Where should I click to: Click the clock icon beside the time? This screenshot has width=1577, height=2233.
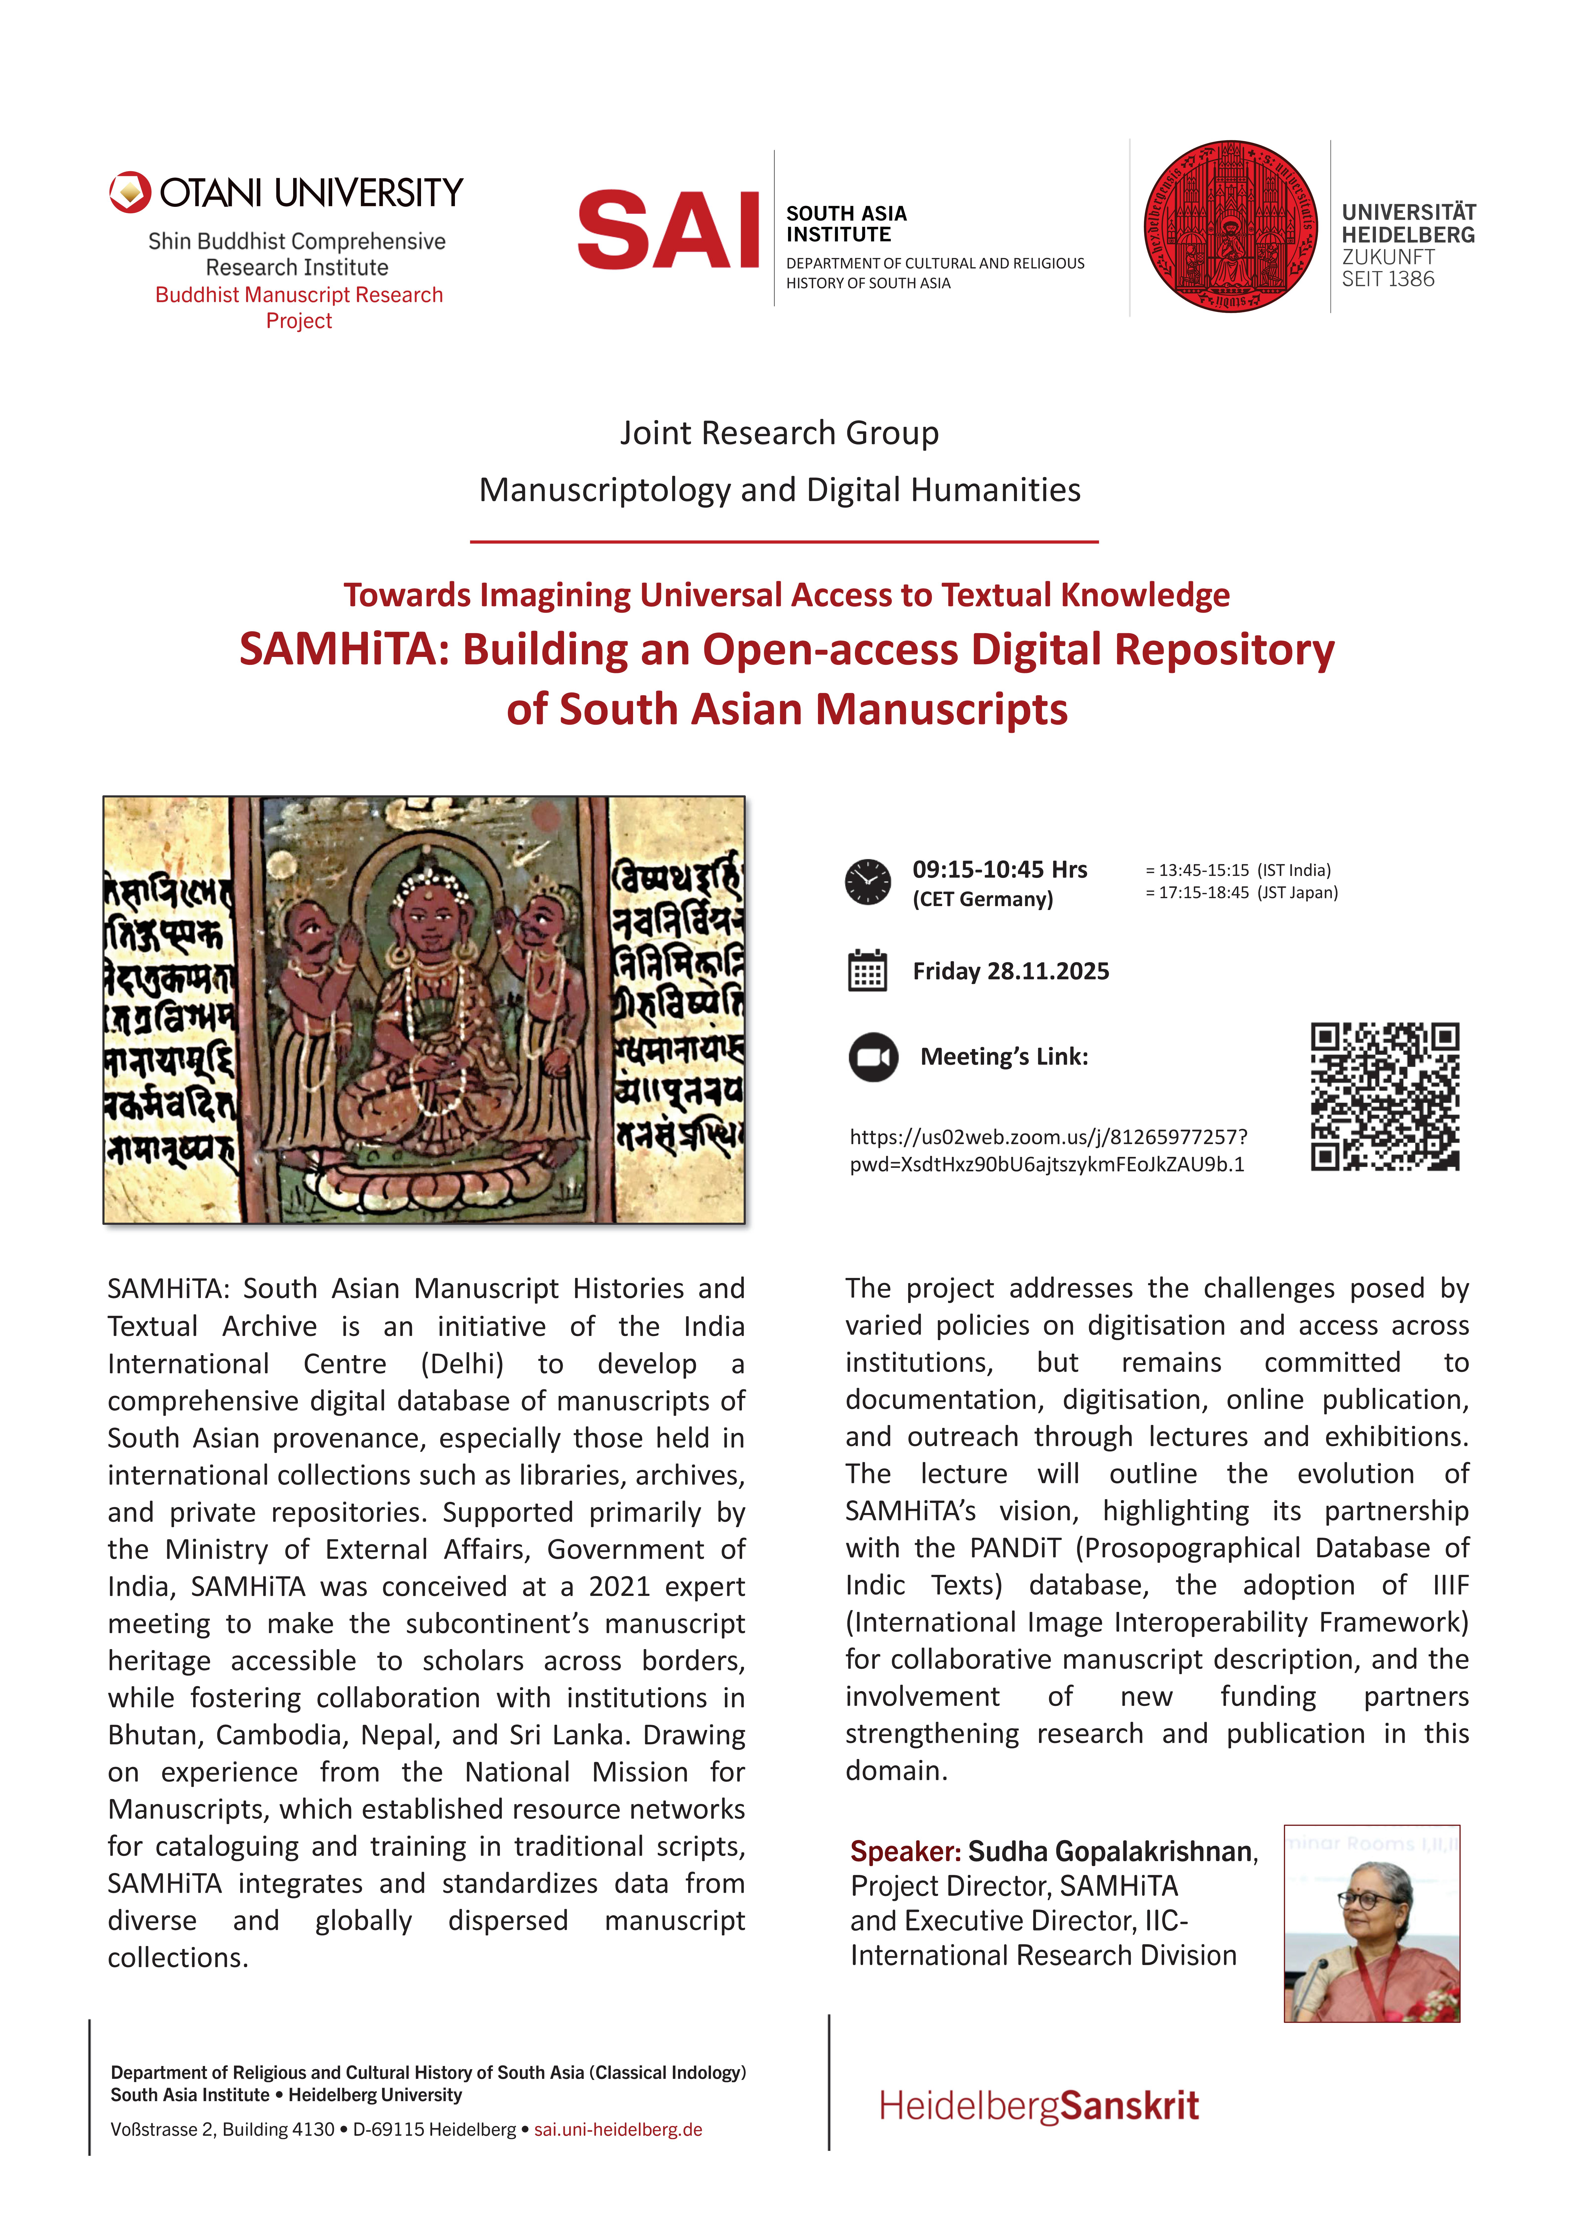coord(867,882)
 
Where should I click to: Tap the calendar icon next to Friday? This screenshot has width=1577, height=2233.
coord(867,971)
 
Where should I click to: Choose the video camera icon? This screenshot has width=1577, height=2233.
coord(873,1057)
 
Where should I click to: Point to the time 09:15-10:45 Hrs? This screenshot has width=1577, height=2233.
coord(999,869)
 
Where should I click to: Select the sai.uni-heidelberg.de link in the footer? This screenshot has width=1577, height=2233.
coord(618,2129)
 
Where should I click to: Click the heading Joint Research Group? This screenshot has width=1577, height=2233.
coord(780,433)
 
